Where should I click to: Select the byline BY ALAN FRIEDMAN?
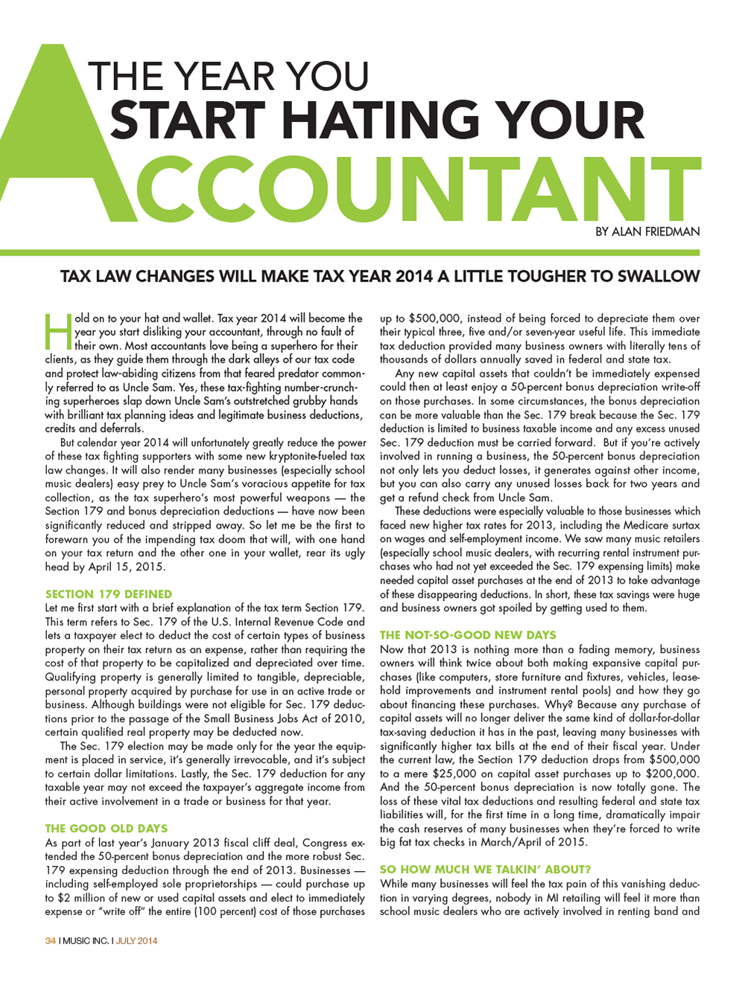pyautogui.click(x=647, y=232)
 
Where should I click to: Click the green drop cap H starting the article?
pyautogui.click(x=58, y=332)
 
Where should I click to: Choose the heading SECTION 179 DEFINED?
pyautogui.click(x=109, y=594)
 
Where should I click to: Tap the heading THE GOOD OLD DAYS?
pyautogui.click(x=107, y=828)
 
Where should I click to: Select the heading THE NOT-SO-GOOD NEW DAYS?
pyautogui.click(x=468, y=635)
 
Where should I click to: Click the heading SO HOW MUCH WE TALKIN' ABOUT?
pyautogui.click(x=485, y=869)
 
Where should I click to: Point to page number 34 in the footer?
pyautogui.click(x=50, y=941)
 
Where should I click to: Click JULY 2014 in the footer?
pyautogui.click(x=136, y=941)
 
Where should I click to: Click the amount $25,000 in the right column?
pyautogui.click(x=433, y=774)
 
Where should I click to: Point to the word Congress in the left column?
pyautogui.click(x=325, y=843)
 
